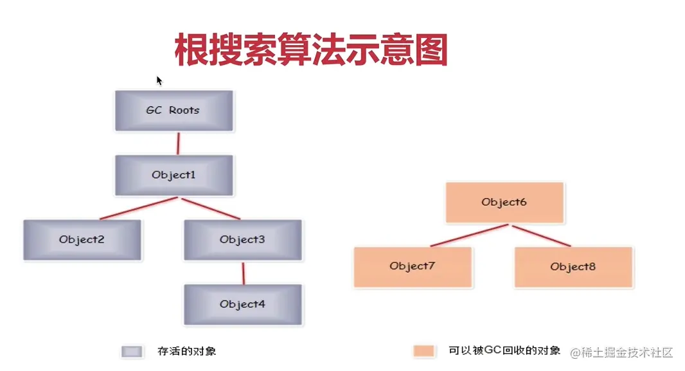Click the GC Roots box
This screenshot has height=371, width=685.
click(x=174, y=111)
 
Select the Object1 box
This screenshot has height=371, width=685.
click(x=174, y=176)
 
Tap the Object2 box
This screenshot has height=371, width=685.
click(x=82, y=240)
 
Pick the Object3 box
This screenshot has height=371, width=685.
click(x=243, y=240)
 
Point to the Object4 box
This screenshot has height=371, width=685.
click(x=243, y=305)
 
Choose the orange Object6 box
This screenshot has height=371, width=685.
click(x=504, y=203)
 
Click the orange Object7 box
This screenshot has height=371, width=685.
click(x=413, y=267)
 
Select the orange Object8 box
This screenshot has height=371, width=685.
click(x=574, y=267)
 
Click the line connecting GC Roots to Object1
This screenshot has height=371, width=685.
click(x=178, y=143)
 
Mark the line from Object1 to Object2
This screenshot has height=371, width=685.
click(x=139, y=208)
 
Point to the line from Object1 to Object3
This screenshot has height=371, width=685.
click(x=211, y=208)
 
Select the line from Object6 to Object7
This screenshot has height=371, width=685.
click(x=469, y=235)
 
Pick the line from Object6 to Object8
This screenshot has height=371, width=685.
click(x=542, y=236)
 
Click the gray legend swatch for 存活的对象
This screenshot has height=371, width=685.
click(x=132, y=352)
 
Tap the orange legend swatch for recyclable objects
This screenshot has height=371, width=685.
click(x=423, y=351)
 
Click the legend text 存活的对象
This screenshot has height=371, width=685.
click(x=187, y=351)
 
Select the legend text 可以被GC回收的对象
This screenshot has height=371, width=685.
click(x=504, y=350)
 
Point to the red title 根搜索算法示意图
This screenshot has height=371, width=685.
click(x=311, y=50)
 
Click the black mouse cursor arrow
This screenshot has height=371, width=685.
click(x=159, y=81)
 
